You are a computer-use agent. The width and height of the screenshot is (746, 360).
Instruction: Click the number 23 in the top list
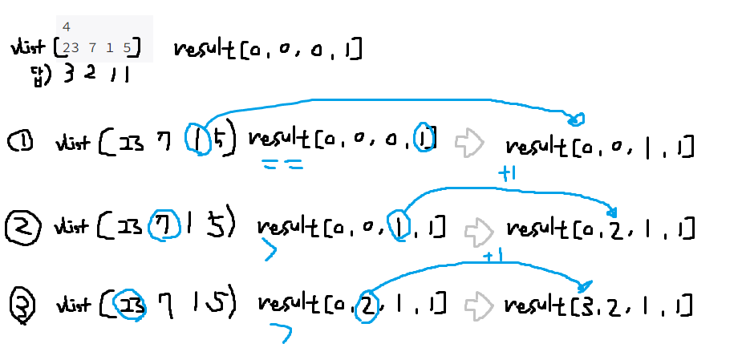[x=70, y=49]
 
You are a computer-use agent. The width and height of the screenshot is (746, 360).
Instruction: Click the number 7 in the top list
[x=92, y=49]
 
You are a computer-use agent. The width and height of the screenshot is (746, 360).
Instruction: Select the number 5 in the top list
[x=127, y=49]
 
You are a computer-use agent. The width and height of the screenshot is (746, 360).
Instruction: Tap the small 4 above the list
[x=66, y=27]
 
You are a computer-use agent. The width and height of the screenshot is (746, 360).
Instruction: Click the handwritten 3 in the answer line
[x=68, y=75]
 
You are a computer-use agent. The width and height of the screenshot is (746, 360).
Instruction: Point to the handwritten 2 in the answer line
[x=90, y=75]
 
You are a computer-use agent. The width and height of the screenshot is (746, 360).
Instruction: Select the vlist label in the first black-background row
[x=72, y=144]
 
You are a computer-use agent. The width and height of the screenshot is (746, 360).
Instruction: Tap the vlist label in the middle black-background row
[x=71, y=225]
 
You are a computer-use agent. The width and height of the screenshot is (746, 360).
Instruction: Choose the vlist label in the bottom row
[x=73, y=305]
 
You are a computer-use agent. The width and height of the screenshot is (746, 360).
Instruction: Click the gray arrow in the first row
[x=468, y=143]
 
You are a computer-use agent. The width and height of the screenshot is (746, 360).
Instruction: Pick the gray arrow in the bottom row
[x=477, y=305]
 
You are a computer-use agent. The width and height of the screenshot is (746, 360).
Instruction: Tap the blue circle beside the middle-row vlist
[x=164, y=225]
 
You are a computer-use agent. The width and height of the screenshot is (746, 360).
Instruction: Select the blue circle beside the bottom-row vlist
[x=129, y=304]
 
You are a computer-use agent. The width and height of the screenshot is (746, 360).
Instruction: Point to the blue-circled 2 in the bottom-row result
[x=365, y=305]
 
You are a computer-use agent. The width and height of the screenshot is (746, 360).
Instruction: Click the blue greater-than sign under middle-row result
[x=270, y=253]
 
